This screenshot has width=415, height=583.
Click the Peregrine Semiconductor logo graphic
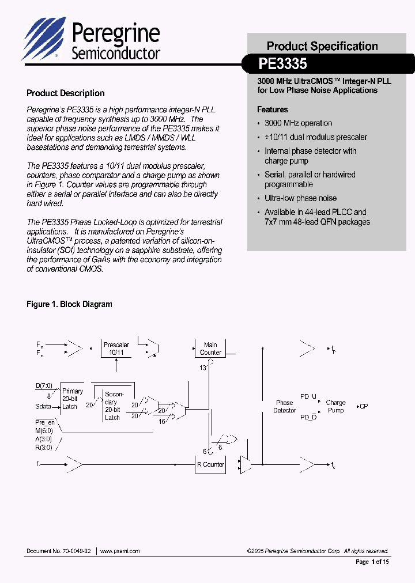pos(44,39)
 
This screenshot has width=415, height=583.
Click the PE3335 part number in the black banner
pos(283,63)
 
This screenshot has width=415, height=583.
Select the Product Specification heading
pos(322,46)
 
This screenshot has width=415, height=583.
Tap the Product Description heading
pos(66,93)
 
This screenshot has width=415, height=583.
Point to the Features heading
pos(273,109)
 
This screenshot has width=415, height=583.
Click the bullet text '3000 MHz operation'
pos(298,123)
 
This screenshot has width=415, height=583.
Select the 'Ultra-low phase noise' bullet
pos(300,198)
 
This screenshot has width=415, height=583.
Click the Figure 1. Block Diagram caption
pos(69,304)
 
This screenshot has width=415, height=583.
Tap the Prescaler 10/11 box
pos(116,349)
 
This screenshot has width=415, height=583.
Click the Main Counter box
pos(210,349)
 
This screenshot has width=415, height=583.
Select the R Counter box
pos(210,464)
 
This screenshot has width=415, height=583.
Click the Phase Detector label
pos(284,407)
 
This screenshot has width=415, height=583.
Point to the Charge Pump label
pos(335,407)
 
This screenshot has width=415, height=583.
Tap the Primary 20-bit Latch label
pos(72,399)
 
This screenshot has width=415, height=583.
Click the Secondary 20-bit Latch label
pos(113,406)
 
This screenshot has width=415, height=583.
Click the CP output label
pos(364,407)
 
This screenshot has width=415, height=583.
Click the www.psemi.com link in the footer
pos(120,551)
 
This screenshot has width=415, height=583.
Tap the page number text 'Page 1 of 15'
pos(372,562)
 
